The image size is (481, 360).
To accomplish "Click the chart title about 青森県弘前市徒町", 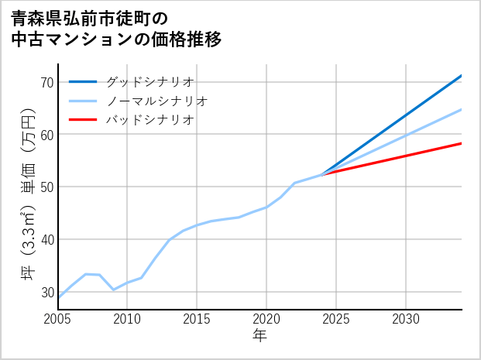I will tap(116, 28).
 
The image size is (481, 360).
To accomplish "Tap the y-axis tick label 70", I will tap(46, 82).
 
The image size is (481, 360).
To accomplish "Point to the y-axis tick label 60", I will tap(46, 135).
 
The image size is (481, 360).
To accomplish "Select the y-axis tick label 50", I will tap(46, 187).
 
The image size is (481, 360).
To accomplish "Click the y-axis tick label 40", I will tap(46, 239).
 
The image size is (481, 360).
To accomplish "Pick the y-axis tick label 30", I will tap(46, 292).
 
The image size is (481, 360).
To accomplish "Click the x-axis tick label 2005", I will tap(58, 319).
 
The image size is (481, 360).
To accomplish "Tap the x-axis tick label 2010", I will tap(128, 319).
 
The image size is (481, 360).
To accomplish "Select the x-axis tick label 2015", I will tap(197, 319).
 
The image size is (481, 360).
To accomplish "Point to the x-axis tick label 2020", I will tap(266, 319).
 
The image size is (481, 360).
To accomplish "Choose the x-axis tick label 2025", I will tap(336, 319).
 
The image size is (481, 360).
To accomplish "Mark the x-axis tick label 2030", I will tap(406, 319).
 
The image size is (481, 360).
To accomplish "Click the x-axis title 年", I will tap(260, 336).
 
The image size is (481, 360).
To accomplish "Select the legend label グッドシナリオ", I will tap(149, 81).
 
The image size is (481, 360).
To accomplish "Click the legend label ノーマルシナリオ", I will tap(156, 101).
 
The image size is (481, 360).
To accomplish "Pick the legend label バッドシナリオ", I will tap(149, 120).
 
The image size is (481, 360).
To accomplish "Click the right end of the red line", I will tap(462, 143).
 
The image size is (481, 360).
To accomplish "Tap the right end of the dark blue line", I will tap(462, 75).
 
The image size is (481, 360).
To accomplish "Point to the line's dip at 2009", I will tap(114, 290).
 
